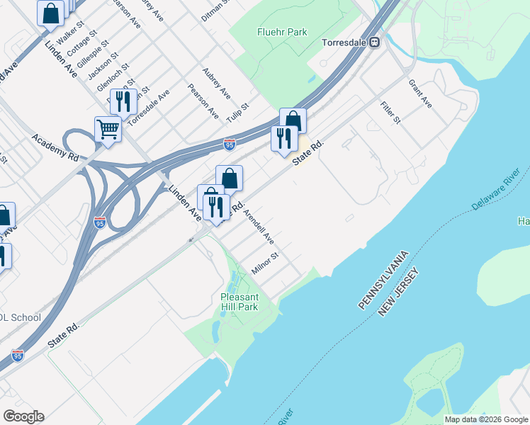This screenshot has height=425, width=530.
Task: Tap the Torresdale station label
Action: [x=343, y=42]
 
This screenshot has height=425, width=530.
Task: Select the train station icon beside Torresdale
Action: [x=373, y=42]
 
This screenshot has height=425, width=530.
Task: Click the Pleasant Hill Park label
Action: [x=239, y=302]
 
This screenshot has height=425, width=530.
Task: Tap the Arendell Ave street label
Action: [x=259, y=227]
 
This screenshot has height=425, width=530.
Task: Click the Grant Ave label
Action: [x=419, y=93]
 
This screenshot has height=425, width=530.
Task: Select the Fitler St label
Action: [x=390, y=111]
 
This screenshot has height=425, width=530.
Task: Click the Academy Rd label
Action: [x=53, y=144]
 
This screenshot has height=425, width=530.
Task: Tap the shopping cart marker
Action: [x=108, y=129]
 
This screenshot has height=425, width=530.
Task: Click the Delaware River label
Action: [x=499, y=188]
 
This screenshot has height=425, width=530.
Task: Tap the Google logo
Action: [x=23, y=416]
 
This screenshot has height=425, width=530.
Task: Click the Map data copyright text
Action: [x=485, y=419]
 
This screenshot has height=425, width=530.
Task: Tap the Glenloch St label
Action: [x=113, y=77]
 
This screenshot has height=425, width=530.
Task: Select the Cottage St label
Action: [x=80, y=49]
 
